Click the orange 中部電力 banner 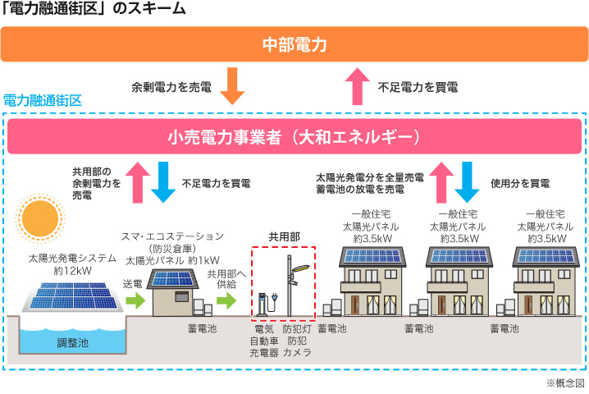pyautogui.click(x=294, y=44)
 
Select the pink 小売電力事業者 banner pyautogui.click(x=294, y=135)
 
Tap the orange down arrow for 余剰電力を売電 pyautogui.click(x=234, y=85)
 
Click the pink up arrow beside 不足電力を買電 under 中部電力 pyautogui.click(x=358, y=85)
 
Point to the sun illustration pyautogui.click(x=39, y=217)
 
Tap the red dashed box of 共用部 pyautogui.click(x=282, y=282)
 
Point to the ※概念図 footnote pyautogui.click(x=565, y=383)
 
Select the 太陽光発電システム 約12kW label pyautogui.click(x=65, y=263)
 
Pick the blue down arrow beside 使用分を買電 pyautogui.click(x=469, y=181)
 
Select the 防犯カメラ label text pyautogui.click(x=296, y=346)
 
